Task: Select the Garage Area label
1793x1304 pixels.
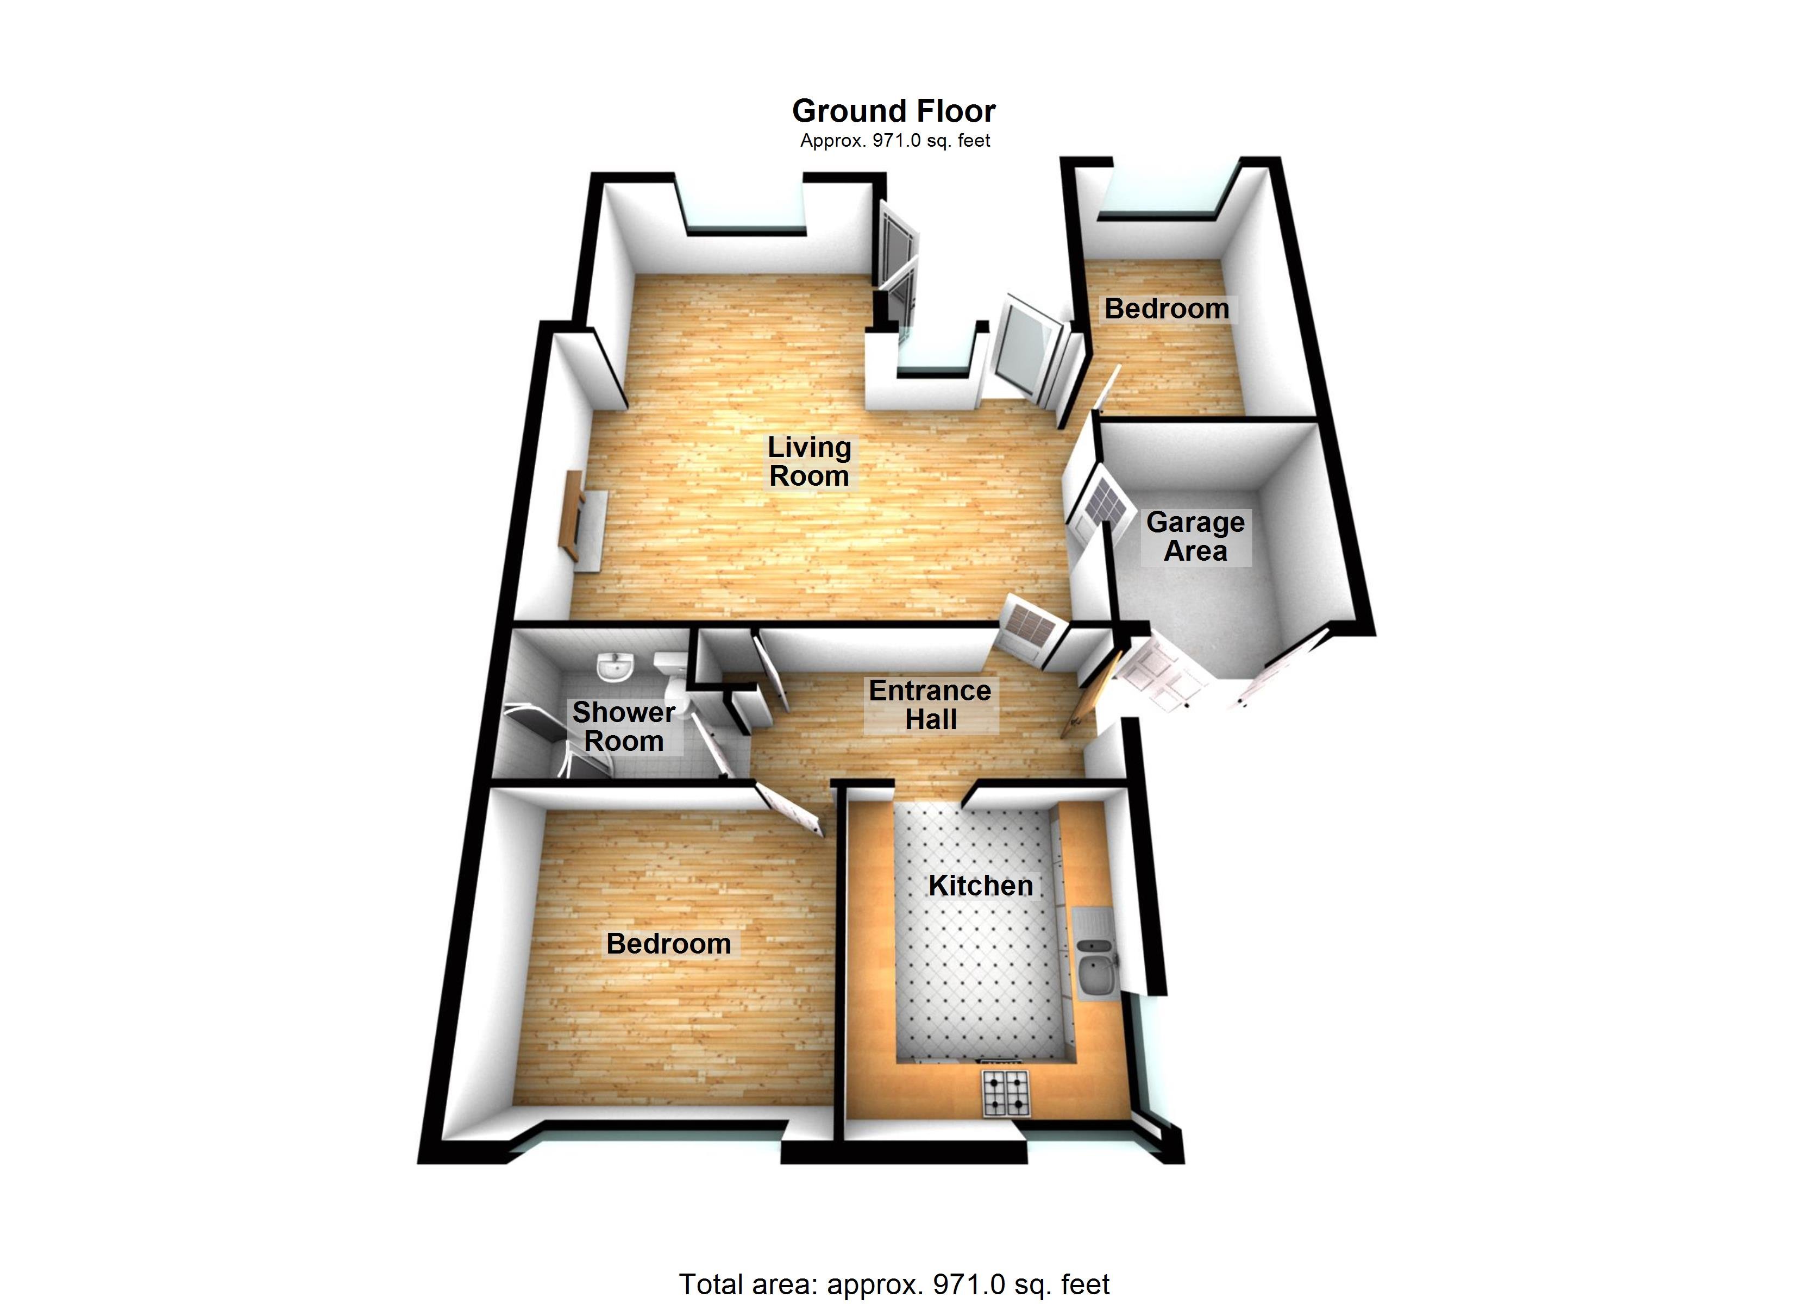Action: tap(1195, 536)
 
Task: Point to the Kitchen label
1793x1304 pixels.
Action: tap(980, 885)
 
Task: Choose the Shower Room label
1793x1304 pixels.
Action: tap(623, 726)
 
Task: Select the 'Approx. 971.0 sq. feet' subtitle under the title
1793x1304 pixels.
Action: tap(894, 141)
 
